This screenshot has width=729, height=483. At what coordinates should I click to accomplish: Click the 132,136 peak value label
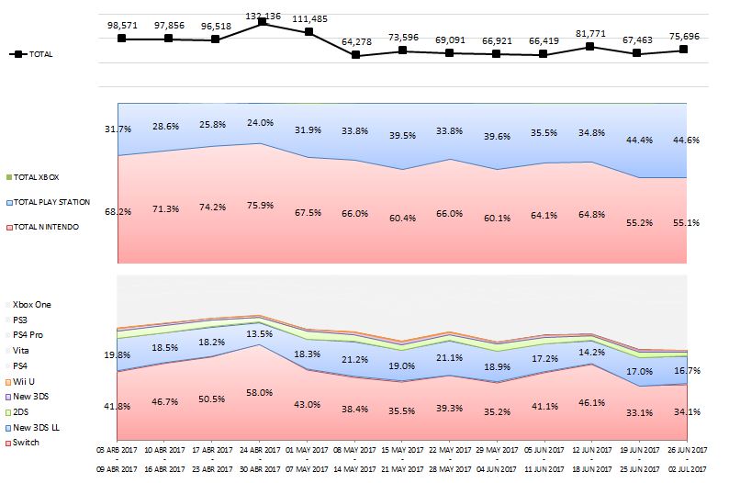tap(262, 15)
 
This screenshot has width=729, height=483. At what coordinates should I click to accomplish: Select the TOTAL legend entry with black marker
tap(32, 54)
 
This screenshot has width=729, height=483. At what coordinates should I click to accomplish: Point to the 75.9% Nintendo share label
tap(262, 205)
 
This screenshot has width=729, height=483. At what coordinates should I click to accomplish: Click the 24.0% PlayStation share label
tap(262, 122)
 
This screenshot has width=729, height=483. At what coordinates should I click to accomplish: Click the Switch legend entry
tap(27, 443)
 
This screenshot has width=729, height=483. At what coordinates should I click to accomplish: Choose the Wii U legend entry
tap(26, 381)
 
